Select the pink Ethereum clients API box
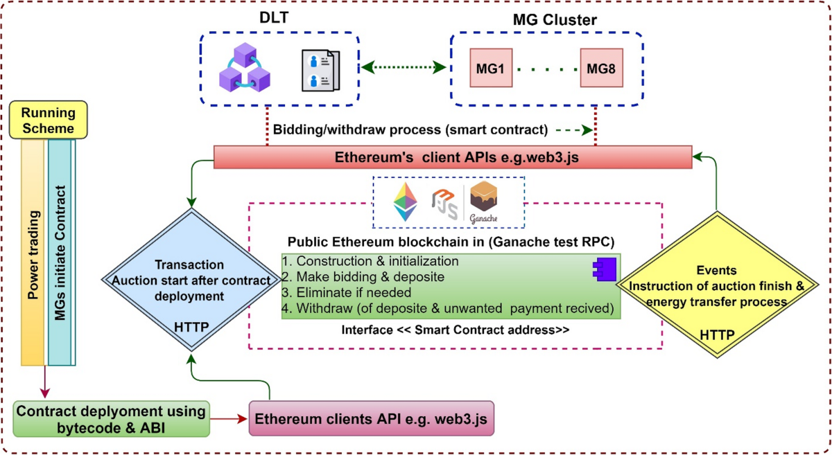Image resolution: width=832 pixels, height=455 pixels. click(x=372, y=419)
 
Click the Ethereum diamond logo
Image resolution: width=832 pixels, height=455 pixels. click(x=406, y=202)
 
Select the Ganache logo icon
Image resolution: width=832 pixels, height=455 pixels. click(x=485, y=202)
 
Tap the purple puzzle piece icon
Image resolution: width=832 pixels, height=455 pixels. click(x=601, y=269)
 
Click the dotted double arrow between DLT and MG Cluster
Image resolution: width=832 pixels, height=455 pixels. click(x=404, y=68)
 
